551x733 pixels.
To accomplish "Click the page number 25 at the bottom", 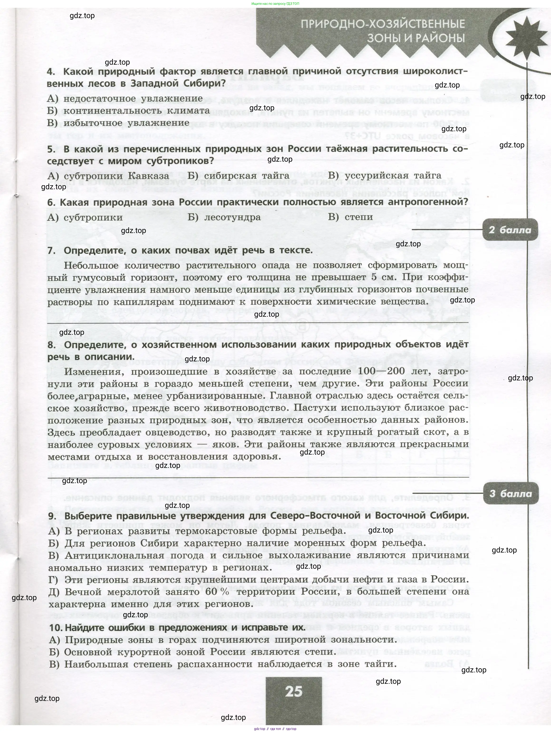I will coord(294,692).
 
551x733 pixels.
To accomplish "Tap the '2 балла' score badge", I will coord(510,230).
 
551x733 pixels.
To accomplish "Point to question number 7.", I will coord(51,251).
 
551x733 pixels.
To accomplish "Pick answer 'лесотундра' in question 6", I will coord(232,217).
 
